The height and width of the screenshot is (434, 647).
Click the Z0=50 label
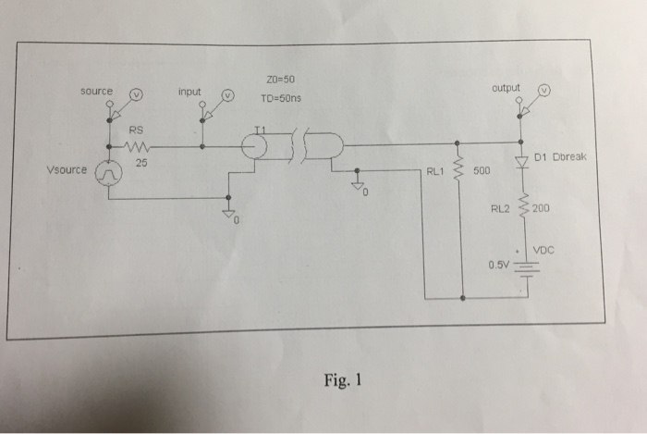pos(277,79)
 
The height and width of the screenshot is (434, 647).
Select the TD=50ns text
pos(281,98)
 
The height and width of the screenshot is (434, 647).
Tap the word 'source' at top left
pos(96,91)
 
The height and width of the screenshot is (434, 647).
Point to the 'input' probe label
pos(189,92)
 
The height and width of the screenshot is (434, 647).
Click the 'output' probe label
pos(507,88)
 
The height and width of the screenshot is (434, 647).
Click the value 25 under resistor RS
pos(141,162)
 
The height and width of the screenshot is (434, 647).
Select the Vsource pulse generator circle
pos(110,173)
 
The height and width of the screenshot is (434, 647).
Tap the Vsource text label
pos(67,170)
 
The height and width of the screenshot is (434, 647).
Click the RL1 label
pos(435,171)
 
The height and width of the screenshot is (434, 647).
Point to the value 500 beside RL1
pos(482,172)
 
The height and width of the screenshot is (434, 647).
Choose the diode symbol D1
pos(520,162)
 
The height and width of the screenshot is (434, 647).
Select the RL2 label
pos(500,209)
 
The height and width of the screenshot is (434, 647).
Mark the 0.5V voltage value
pos(499,265)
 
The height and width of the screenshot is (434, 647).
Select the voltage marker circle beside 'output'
pos(544,91)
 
